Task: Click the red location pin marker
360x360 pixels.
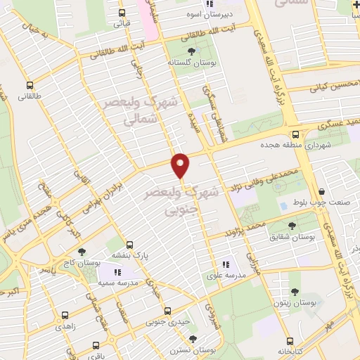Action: (181, 165)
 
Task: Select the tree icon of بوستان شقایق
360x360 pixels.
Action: (298, 226)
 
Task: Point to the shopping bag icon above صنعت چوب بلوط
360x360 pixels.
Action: (321, 191)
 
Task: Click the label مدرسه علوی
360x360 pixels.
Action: (225, 276)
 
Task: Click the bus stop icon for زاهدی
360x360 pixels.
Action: (65, 316)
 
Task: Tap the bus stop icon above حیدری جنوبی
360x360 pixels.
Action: (167, 310)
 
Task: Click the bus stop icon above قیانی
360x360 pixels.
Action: (122, 13)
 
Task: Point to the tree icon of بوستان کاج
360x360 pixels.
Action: (82, 252)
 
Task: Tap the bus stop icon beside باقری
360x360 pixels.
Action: (96, 345)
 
